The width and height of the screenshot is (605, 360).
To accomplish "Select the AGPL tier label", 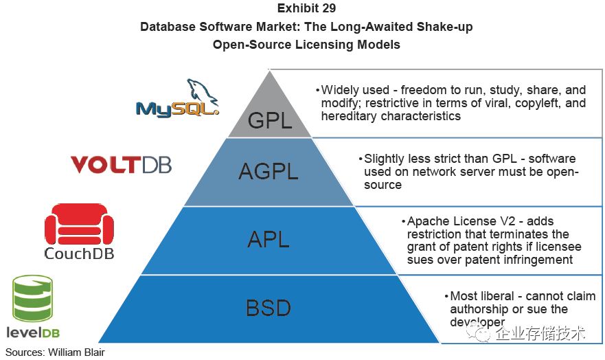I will click(x=269, y=172).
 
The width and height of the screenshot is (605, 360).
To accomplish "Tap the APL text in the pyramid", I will click(x=269, y=240).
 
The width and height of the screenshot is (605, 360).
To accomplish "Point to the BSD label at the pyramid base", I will click(x=269, y=308).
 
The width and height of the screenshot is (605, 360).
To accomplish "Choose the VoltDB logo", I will click(x=121, y=165).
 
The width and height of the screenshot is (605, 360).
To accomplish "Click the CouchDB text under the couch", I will click(x=78, y=254).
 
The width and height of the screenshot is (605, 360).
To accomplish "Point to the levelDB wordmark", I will click(x=35, y=333).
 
